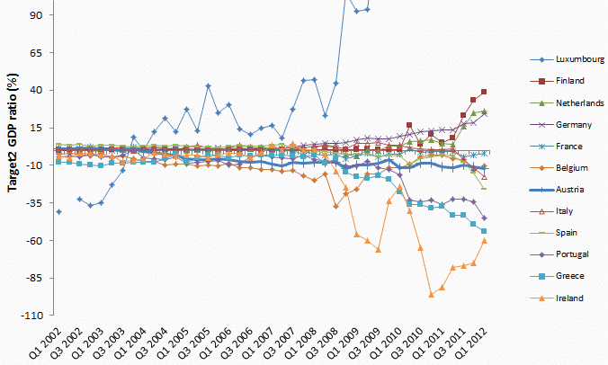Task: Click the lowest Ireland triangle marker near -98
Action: (x=432, y=294)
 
